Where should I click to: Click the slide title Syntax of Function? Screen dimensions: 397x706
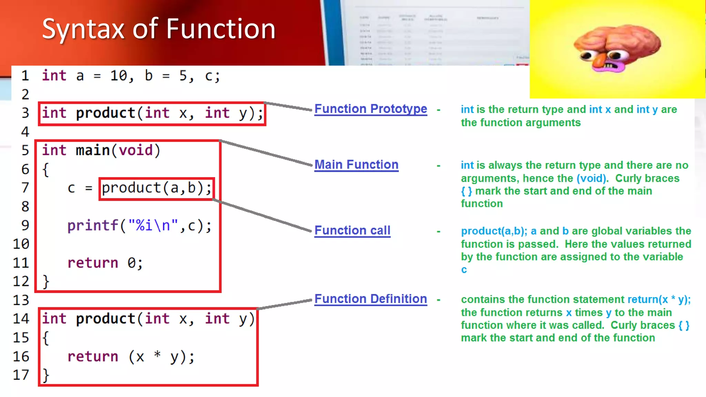pos(159,29)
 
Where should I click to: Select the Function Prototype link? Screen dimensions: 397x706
pos(371,109)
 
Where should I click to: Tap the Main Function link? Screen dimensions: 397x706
pos(356,165)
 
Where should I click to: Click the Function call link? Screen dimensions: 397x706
pos(352,230)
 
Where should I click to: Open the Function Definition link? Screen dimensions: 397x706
pos(371,299)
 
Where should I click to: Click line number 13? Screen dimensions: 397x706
pos(21,300)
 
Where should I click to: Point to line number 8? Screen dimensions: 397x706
pos(25,207)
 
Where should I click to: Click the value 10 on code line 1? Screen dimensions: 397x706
pos(119,76)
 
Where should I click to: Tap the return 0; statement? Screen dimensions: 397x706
pos(105,263)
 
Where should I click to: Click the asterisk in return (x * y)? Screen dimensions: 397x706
pos(157,355)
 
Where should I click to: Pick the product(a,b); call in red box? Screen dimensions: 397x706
pos(157,188)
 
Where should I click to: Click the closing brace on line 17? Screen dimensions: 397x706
pos(46,375)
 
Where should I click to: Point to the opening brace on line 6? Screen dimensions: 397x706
pos(46,170)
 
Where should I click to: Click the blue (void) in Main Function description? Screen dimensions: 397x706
pos(592,179)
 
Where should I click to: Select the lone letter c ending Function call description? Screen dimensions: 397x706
pos(464,270)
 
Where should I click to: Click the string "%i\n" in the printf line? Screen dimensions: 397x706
pos(153,226)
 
